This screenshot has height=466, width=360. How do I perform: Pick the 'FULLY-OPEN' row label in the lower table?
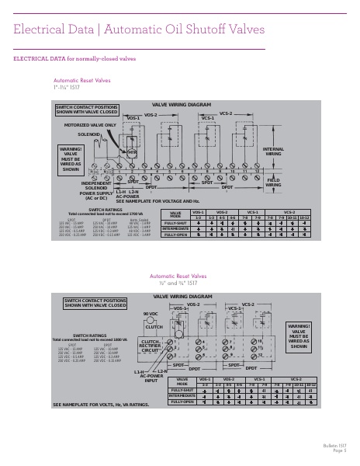[x=183, y=402]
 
